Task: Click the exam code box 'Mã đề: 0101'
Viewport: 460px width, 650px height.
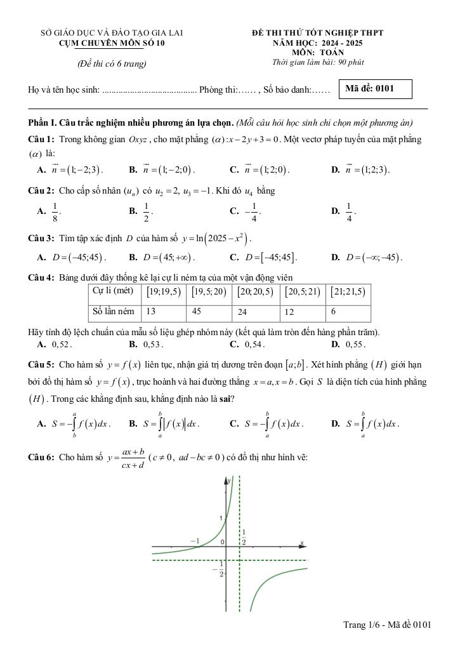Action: click(x=376, y=89)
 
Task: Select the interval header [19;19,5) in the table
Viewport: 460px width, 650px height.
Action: click(x=164, y=292)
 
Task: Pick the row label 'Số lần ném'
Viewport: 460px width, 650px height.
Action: click(x=114, y=311)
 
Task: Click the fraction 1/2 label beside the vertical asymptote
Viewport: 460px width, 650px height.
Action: click(x=244, y=537)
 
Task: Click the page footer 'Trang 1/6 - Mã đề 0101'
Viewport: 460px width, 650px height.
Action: click(x=387, y=625)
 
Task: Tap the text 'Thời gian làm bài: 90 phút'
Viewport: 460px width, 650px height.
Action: click(x=318, y=62)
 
